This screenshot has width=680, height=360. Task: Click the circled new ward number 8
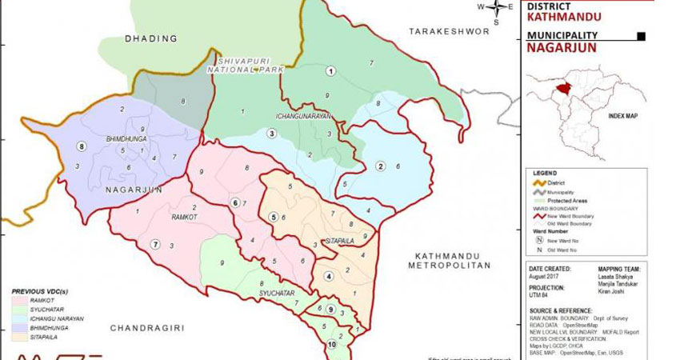click(81, 146)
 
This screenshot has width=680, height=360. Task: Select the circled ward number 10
click(331, 345)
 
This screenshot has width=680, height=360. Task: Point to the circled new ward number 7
click(156, 244)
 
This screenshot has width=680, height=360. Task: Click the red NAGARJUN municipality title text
click(561, 47)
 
